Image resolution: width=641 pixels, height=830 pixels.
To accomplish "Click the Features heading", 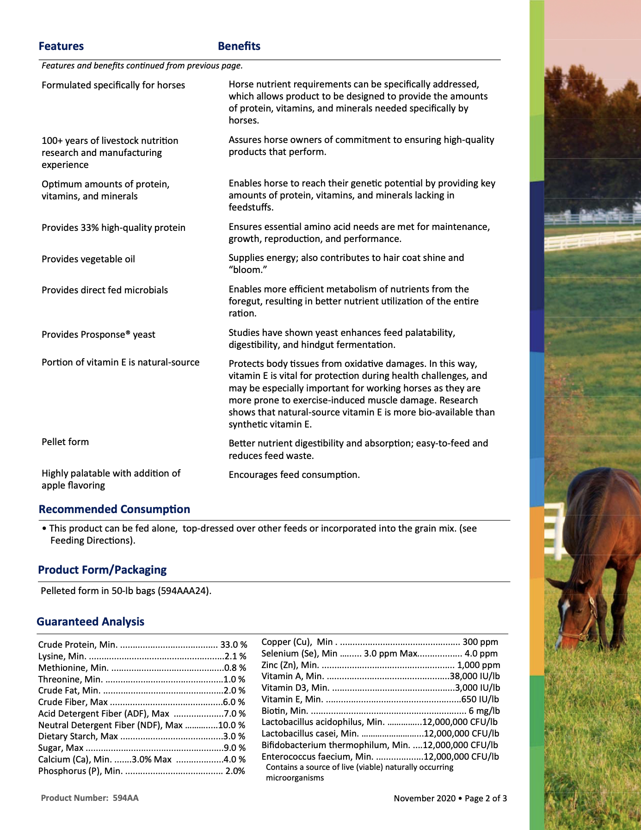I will (x=61, y=46).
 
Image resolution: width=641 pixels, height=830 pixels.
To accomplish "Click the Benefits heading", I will (x=239, y=46).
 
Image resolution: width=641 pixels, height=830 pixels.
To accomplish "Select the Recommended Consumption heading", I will (x=114, y=509).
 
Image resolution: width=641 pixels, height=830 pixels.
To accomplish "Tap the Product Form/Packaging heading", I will (x=102, y=570).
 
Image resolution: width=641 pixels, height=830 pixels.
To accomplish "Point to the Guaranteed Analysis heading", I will (x=91, y=622).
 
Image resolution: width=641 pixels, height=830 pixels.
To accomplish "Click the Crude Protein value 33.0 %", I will (x=234, y=645).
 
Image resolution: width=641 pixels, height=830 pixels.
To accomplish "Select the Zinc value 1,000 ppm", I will (x=478, y=665).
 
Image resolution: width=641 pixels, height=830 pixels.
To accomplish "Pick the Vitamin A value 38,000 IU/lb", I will (x=475, y=676).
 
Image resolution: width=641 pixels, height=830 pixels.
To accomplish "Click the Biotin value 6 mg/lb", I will (x=484, y=711).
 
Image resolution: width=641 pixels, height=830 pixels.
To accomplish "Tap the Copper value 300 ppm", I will (x=480, y=642).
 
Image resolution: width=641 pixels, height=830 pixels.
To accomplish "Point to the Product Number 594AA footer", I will (x=90, y=798).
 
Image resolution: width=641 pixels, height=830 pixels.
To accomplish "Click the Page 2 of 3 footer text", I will (x=486, y=799).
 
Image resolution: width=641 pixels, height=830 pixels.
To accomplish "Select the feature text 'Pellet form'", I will (x=65, y=442).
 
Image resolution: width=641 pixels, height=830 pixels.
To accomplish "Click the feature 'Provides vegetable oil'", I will (x=88, y=259).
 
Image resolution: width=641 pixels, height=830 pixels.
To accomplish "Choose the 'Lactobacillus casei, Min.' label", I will (x=310, y=734).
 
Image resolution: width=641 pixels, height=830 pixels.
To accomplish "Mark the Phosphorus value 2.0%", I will (x=235, y=771).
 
